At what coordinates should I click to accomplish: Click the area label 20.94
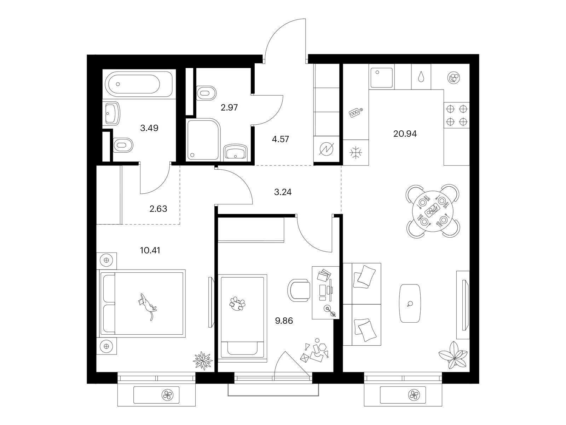(405, 134)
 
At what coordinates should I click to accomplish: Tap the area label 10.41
(150, 250)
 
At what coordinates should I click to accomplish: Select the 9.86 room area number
(284, 321)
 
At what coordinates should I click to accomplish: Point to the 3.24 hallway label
(283, 192)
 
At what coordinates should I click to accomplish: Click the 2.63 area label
(158, 209)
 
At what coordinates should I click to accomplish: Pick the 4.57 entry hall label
(280, 139)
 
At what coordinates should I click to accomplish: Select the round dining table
(432, 211)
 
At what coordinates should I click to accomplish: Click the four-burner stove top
(456, 115)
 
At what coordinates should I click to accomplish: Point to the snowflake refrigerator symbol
(356, 153)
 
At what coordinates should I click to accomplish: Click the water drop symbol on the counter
(421, 76)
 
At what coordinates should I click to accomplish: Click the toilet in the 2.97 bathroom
(206, 93)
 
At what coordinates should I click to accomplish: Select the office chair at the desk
(299, 290)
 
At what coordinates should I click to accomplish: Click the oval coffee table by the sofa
(410, 304)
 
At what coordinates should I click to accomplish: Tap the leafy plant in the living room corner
(453, 355)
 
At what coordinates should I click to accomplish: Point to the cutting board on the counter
(356, 113)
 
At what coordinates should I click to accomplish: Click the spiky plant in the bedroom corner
(203, 361)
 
